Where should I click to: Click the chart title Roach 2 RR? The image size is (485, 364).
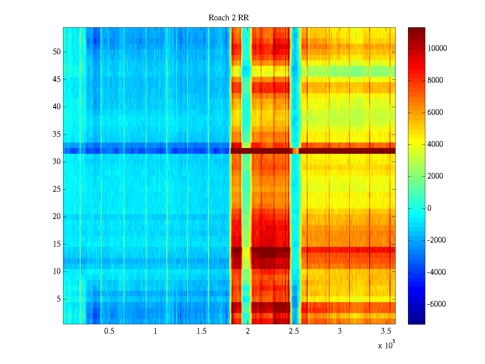click(x=229, y=18)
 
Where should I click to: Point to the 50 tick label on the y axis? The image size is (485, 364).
click(x=57, y=52)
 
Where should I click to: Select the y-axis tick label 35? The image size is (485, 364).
click(x=57, y=134)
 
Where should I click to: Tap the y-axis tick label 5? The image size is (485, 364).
click(x=59, y=299)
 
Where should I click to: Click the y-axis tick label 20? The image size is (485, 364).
click(x=57, y=217)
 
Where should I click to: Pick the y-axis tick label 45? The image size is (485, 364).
click(x=57, y=79)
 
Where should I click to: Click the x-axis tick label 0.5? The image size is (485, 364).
click(x=109, y=331)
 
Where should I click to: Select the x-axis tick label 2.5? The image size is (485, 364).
click(x=294, y=331)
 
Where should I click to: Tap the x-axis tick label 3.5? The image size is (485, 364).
click(x=386, y=331)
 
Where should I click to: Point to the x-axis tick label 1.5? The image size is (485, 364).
click(x=202, y=331)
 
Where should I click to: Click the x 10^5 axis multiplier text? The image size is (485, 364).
click(x=386, y=345)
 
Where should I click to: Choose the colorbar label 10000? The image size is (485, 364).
click(x=437, y=49)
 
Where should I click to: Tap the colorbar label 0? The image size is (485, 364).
click(x=429, y=208)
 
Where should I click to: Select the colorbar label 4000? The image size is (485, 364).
click(x=435, y=144)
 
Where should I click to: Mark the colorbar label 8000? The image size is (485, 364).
click(x=435, y=80)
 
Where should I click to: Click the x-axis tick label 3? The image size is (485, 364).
click(x=340, y=331)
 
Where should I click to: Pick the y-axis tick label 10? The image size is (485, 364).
click(x=57, y=271)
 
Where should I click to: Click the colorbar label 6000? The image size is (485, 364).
click(x=435, y=113)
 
